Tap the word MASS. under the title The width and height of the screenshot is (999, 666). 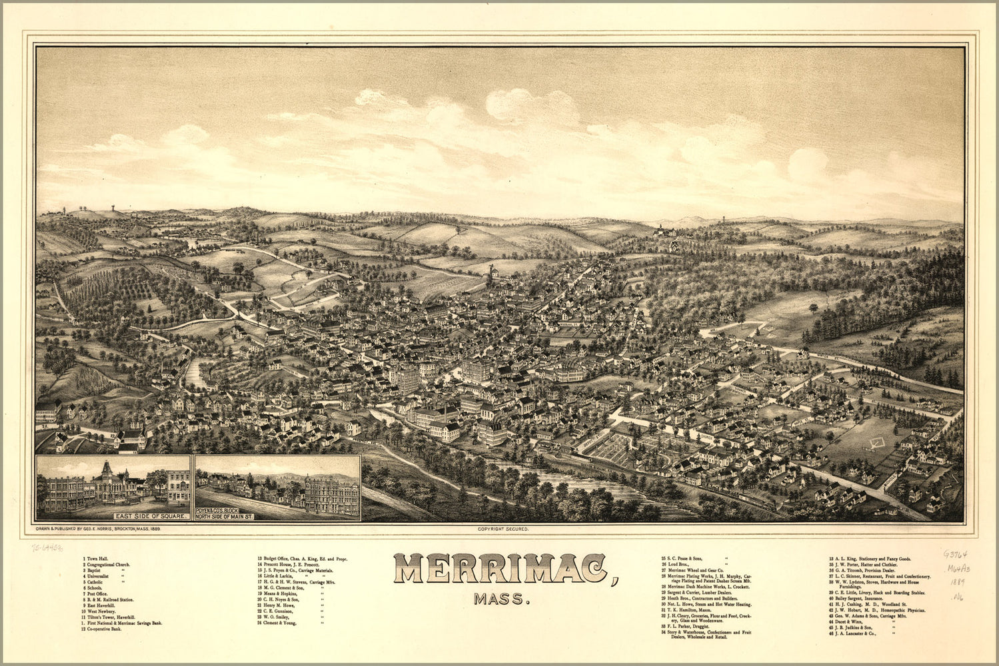502,599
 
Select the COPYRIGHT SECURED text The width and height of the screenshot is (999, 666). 503,529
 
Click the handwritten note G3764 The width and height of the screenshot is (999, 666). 955,554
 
